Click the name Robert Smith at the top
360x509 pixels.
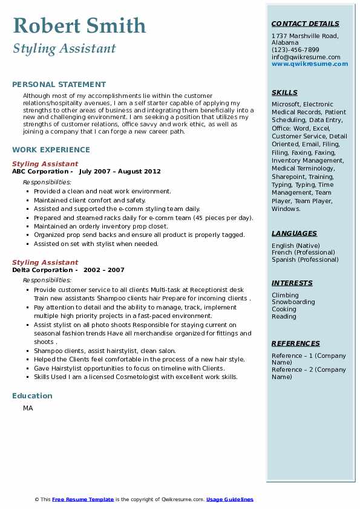79,26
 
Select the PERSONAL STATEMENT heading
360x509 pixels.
59,85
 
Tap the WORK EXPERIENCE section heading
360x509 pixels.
51,149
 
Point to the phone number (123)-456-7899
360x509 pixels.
295,50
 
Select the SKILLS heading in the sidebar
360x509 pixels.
284,92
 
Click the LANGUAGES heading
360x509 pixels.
294,233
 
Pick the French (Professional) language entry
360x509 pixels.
305,253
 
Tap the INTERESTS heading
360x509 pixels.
292,283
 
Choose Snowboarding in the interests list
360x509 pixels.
293,302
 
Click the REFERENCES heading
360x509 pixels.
296,343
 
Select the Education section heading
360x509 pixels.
32,396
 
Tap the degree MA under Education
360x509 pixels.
28,409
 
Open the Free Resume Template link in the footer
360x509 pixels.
83,499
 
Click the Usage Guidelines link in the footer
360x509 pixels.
229,499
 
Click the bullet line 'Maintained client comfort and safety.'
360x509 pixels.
90,200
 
